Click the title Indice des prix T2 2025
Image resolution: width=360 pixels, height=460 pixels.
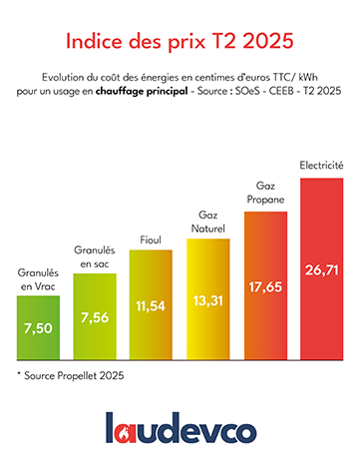tap(180, 42)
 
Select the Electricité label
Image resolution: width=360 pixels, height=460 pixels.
tap(321, 165)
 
